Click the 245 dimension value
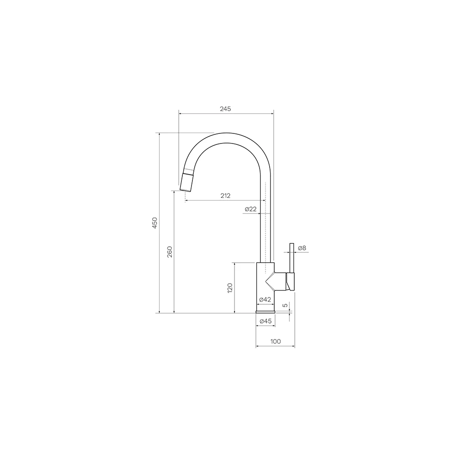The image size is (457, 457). (225, 109)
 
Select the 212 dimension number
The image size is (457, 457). (225, 196)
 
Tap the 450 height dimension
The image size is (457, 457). (155, 223)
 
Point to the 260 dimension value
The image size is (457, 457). (170, 252)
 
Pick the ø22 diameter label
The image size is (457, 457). (250, 209)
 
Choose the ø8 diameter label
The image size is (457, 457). (302, 248)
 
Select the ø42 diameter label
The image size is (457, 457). (265, 299)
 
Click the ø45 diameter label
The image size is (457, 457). (266, 321)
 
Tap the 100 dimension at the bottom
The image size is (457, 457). (275, 341)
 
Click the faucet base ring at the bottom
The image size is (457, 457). (266, 312)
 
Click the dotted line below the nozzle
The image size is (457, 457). (185, 197)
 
